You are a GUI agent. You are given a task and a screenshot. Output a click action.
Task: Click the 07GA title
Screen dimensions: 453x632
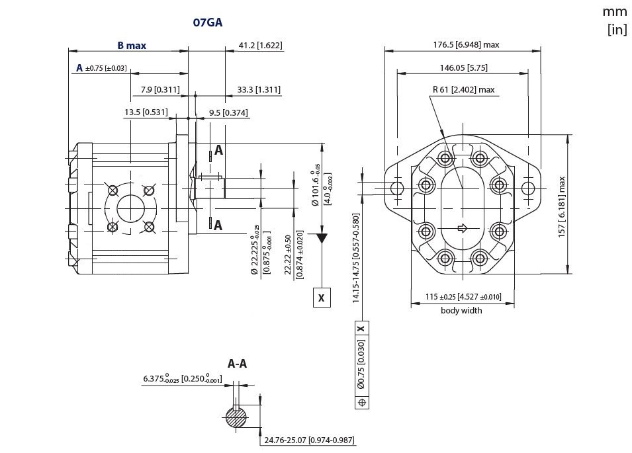click(207, 22)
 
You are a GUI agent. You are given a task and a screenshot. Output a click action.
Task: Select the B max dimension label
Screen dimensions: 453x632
click(132, 46)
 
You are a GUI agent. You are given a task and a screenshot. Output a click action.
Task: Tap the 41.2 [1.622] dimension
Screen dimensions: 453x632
click(260, 46)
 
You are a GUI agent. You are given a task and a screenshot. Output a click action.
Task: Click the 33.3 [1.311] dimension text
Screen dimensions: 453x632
click(259, 90)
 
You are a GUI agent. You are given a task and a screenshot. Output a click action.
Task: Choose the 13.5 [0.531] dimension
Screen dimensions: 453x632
click(146, 112)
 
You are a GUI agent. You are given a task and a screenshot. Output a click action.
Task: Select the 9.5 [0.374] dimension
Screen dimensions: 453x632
click(228, 112)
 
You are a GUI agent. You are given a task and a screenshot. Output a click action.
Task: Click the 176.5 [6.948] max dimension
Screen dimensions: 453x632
click(466, 45)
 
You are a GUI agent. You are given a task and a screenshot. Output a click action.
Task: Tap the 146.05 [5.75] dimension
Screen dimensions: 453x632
click(463, 67)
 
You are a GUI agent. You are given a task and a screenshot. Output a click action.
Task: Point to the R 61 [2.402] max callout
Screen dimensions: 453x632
click(463, 90)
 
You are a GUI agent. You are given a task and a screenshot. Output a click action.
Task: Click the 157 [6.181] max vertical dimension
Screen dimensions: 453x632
click(563, 207)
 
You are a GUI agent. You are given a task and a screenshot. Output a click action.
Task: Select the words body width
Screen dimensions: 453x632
click(461, 311)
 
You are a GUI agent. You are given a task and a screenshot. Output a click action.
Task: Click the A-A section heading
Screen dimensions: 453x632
click(238, 364)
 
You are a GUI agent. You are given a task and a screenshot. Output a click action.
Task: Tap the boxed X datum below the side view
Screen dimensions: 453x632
click(322, 298)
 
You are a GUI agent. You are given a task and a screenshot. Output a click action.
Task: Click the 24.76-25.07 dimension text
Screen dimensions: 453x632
click(310, 439)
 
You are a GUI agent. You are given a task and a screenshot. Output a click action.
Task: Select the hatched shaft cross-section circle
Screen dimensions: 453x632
click(236, 418)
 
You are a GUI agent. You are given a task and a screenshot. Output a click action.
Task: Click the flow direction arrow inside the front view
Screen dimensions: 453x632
click(463, 229)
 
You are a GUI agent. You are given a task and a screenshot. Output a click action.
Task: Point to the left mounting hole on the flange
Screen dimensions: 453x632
click(397, 188)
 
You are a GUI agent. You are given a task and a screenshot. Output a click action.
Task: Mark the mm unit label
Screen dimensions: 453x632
click(614, 11)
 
